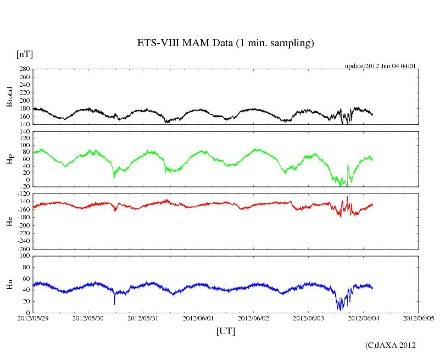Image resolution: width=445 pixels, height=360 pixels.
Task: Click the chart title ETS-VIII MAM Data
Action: pyautogui.click(x=225, y=43)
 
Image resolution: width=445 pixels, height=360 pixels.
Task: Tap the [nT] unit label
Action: pyautogui.click(x=24, y=54)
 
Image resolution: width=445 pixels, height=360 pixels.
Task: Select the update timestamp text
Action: pyautogui.click(x=380, y=66)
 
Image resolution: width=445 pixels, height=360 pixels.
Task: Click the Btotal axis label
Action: pyautogui.click(x=9, y=97)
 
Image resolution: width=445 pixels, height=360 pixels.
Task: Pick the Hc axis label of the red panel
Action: pyautogui.click(x=9, y=220)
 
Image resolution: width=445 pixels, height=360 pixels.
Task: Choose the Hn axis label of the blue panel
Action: pyautogui.click(x=9, y=284)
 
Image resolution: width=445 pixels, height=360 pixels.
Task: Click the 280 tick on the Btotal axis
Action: pyautogui.click(x=24, y=69)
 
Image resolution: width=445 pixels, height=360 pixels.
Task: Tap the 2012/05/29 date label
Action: pyautogui.click(x=33, y=318)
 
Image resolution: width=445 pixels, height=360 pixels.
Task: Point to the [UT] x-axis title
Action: pyautogui.click(x=225, y=331)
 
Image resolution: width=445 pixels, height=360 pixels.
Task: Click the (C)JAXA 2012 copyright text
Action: pyautogui.click(x=390, y=345)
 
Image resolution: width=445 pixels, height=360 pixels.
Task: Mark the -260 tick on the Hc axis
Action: pyautogui.click(x=23, y=248)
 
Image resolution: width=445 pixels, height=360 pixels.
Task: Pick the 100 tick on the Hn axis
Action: pyautogui.click(x=24, y=256)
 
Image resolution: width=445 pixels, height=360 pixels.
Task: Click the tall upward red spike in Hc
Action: pyautogui.click(x=347, y=197)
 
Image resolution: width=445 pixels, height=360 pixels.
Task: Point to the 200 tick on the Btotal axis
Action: pyautogui.click(x=24, y=101)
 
